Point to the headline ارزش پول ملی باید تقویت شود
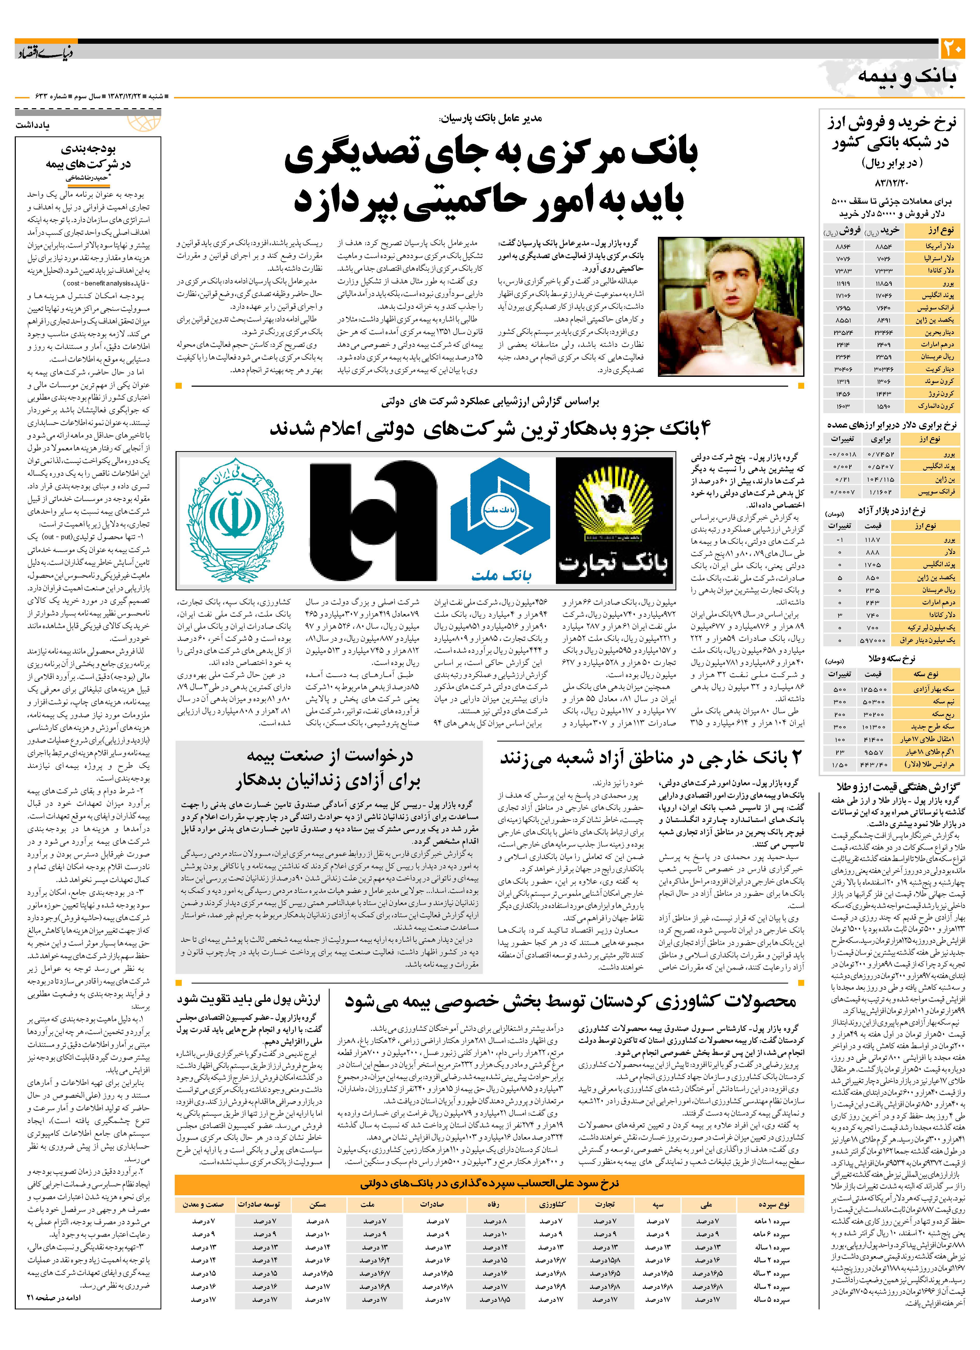coord(249,998)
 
